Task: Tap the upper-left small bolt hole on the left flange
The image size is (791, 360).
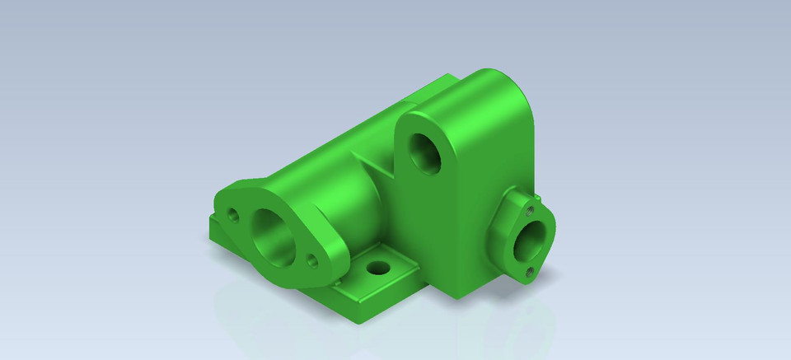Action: tap(233, 217)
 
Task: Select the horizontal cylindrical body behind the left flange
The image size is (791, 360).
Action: tap(330, 181)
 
